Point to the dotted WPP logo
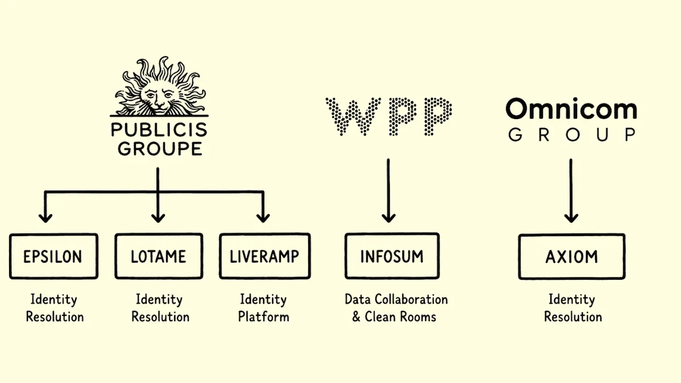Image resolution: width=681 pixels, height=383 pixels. coord(389,116)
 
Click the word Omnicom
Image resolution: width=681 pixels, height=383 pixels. coord(571,109)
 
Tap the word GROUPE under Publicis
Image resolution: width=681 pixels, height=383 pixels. coord(160,148)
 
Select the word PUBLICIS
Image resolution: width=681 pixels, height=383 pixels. coord(159,130)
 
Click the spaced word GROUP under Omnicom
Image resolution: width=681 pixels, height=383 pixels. coord(572,134)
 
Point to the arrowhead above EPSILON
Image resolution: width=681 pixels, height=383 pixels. coord(45,218)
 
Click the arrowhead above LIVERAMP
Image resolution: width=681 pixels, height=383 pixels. coord(263,218)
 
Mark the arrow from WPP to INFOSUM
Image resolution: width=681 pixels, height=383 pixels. coord(389,191)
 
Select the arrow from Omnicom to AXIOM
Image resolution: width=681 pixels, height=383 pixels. coord(571,191)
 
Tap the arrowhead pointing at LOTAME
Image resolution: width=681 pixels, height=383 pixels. coord(158,218)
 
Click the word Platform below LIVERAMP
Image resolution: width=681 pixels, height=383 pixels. coord(263,317)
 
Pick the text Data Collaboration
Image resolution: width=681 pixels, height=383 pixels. coord(396,300)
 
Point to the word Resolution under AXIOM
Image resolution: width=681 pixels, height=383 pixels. coord(573,317)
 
